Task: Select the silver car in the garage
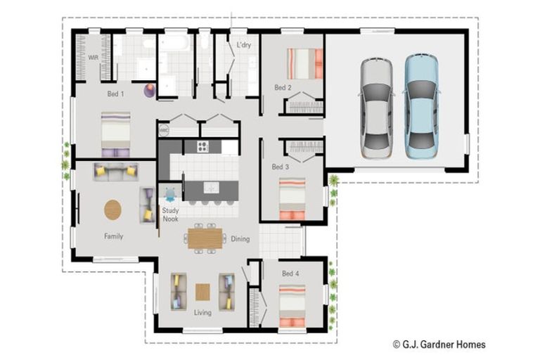(377, 108)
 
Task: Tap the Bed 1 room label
(116, 94)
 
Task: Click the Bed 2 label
(283, 87)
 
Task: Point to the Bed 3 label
(281, 167)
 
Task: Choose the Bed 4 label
(290, 274)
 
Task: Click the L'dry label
(244, 45)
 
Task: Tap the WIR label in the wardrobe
(94, 58)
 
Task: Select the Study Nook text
(170, 214)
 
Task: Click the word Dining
(240, 239)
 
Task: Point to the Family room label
(114, 236)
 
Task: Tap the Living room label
(202, 312)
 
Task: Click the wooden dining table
(205, 238)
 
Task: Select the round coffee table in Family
(113, 210)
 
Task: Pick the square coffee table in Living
(202, 292)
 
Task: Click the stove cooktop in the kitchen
(202, 147)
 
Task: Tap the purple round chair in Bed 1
(150, 90)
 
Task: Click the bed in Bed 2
(305, 64)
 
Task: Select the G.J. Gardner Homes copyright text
(439, 344)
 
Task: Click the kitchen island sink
(211, 188)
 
